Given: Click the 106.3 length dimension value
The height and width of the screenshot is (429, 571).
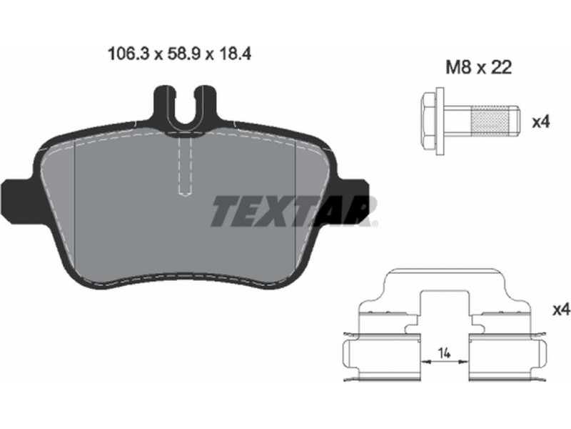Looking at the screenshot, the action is [129, 54].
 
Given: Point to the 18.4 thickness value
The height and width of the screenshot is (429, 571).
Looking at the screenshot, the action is [236, 54].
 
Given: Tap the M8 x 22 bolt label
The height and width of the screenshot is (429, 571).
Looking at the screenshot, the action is [479, 67].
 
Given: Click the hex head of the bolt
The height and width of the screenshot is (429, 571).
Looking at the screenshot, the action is [429, 120].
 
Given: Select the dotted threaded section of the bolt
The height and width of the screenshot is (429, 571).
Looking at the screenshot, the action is [490, 120].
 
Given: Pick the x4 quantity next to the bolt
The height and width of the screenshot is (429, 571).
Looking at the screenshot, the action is [540, 122].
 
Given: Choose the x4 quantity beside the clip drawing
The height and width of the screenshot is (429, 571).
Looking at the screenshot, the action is [562, 310].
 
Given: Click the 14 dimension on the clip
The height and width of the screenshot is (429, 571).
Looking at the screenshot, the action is [444, 352].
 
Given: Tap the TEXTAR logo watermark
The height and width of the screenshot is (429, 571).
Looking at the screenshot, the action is [293, 211].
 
